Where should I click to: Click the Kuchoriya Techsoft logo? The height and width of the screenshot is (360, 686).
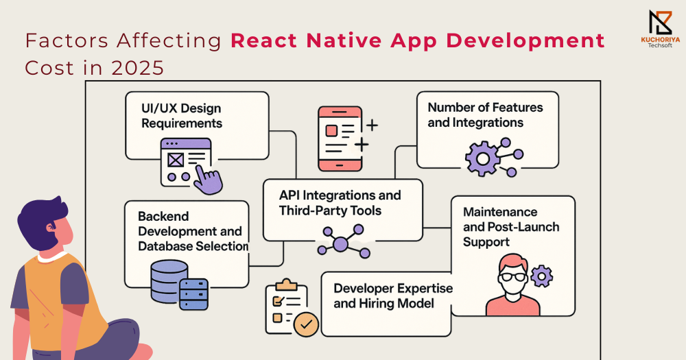tap(660, 29)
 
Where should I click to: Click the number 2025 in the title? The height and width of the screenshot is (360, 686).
tap(138, 69)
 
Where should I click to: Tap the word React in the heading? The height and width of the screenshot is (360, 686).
tap(264, 40)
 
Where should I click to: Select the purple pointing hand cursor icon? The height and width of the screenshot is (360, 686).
tap(208, 180)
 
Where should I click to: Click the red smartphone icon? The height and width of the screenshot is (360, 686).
tap(340, 139)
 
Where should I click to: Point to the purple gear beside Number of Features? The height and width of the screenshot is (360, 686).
tap(482, 159)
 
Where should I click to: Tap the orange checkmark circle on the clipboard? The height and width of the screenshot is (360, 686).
tap(306, 324)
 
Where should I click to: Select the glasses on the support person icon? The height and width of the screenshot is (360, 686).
tap(512, 276)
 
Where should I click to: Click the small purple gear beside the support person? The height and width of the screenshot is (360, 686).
tap(542, 276)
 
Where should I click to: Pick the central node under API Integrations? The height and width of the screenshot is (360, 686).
tap(340, 243)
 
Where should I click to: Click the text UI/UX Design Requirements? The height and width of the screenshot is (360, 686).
tap(182, 116)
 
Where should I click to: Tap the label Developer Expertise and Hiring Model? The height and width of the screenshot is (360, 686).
tap(393, 296)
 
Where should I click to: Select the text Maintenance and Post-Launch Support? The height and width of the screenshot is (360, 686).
tap(511, 226)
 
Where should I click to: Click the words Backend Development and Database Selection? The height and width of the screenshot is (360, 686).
tap(193, 231)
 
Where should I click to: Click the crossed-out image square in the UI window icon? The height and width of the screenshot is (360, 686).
tap(176, 160)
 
